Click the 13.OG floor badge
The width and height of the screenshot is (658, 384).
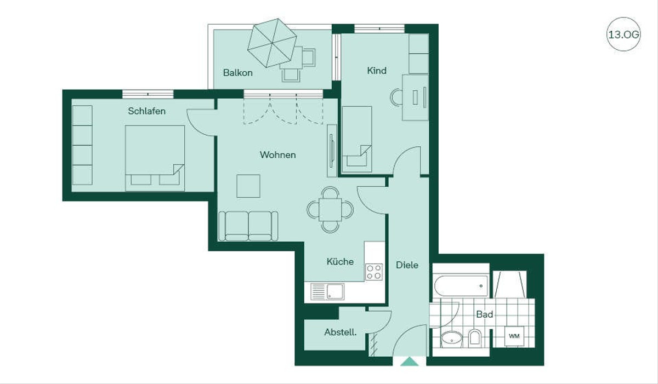point(623,35)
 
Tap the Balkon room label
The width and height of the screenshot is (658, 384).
point(237,72)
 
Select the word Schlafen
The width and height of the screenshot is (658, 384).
point(146,111)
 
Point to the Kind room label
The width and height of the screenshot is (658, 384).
point(377,71)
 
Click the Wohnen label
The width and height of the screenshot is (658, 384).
point(277,154)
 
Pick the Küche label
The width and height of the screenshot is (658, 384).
point(340,261)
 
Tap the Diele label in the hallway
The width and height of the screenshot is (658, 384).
point(407,265)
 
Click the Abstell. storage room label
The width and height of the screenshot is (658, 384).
point(340,332)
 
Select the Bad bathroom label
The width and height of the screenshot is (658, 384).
point(484,314)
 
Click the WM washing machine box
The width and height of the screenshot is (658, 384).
point(514,336)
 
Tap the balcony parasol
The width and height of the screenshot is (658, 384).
point(272,43)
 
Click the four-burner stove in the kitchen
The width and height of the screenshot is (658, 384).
point(374,272)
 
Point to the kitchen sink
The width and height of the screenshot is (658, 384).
point(327,291)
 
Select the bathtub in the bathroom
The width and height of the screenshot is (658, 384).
point(461,286)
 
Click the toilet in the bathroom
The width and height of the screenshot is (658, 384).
point(474,337)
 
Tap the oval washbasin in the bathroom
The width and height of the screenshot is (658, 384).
point(452,339)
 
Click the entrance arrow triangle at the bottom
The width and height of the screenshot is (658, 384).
point(410,362)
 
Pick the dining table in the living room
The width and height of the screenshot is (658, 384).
point(330,209)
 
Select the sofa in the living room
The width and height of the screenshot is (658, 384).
point(248,226)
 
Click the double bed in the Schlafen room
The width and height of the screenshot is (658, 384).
point(155,158)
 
